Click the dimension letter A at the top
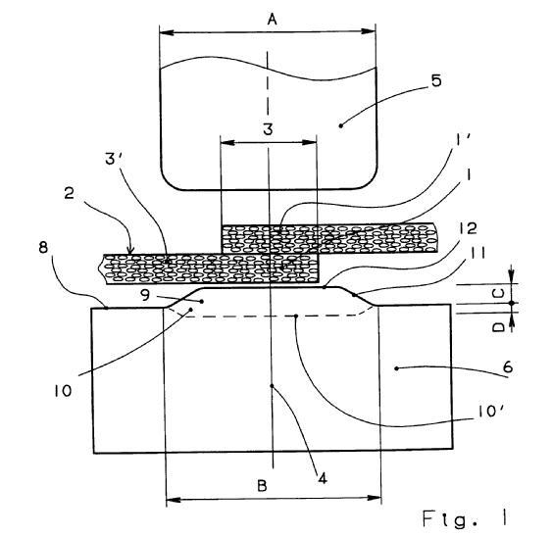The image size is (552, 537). click(x=272, y=20)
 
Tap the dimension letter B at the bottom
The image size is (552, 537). click(x=262, y=486)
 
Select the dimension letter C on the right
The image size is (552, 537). click(x=498, y=293)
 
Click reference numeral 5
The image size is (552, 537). click(x=436, y=80)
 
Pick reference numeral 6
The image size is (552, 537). click(x=508, y=367)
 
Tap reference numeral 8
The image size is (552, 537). click(x=43, y=248)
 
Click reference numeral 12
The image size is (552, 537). click(x=468, y=228)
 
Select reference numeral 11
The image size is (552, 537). click(x=477, y=253)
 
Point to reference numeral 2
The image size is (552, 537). click(x=70, y=194)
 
